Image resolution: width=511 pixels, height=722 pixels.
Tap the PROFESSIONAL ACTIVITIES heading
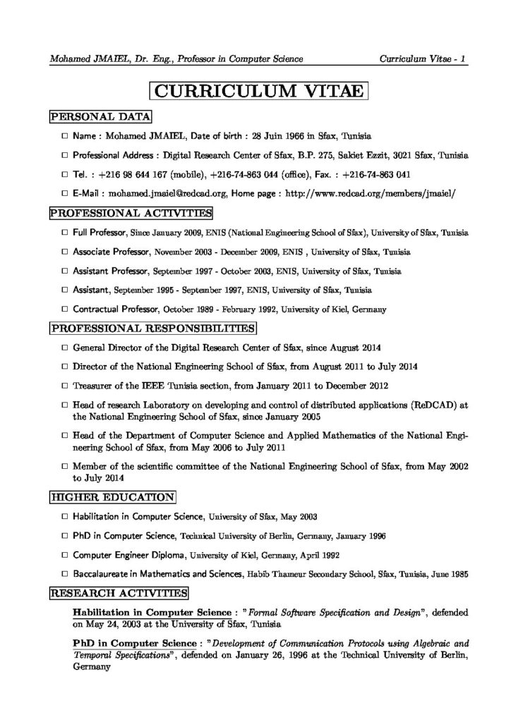click(131, 212)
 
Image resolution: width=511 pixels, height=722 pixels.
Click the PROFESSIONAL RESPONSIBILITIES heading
click(152, 328)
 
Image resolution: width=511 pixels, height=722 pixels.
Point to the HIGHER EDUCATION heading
click(112, 498)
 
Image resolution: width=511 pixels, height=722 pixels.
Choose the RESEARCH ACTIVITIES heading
click(118, 593)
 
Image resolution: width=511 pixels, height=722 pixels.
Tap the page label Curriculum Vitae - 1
click(421, 59)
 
